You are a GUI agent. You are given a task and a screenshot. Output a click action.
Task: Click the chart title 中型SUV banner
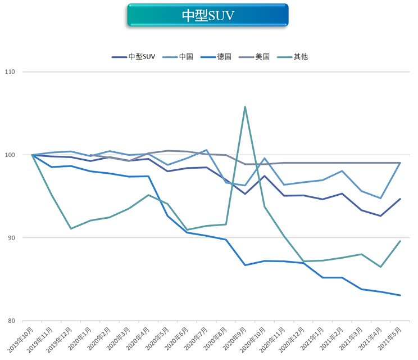click(208, 15)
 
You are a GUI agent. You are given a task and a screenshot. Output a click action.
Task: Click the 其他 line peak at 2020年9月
click(245, 106)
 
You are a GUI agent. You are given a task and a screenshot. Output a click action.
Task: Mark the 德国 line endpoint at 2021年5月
click(400, 295)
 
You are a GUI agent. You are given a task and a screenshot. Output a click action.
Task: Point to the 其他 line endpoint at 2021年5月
click(400, 241)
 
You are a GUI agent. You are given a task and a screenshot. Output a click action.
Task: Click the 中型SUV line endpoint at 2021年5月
click(400, 199)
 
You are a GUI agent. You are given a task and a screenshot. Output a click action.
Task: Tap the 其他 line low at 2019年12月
click(71, 228)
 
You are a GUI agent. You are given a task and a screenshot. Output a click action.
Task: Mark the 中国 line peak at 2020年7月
click(206, 150)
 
